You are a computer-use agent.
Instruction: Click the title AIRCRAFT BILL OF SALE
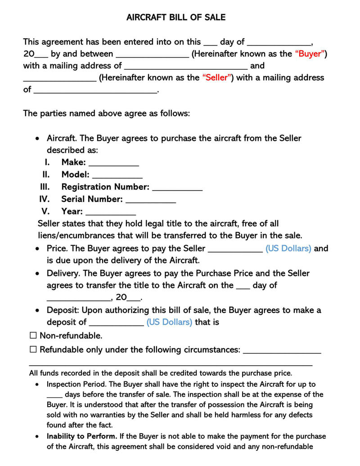[176, 18]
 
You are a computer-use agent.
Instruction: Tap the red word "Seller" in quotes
[217, 77]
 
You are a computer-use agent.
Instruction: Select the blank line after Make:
[113, 164]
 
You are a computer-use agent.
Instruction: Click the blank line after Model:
[117, 176]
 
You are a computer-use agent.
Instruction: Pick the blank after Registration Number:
[177, 188]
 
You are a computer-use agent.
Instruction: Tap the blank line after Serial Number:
[150, 201]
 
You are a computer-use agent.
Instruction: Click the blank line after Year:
[110, 213]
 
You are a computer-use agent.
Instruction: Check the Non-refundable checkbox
[33, 336]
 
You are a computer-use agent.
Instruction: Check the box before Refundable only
[33, 349]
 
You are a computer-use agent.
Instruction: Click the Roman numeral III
[45, 187]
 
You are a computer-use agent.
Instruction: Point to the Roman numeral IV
[45, 199]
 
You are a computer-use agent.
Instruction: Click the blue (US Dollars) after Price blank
[288, 248]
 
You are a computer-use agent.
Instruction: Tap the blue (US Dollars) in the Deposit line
[169, 322]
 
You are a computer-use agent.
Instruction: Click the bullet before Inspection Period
[37, 385]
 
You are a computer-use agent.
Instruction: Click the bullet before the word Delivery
[37, 273]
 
